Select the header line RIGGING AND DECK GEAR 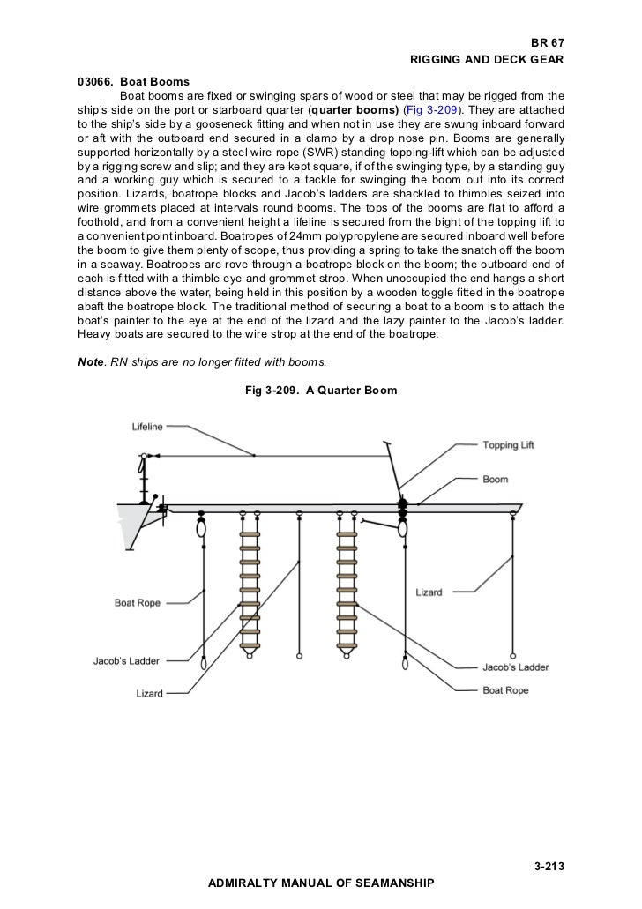(487, 60)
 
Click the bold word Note (90, 361)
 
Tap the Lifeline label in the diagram (147, 428)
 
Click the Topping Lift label (508, 445)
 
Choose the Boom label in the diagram (495, 480)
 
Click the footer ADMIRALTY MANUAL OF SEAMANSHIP (320, 882)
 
